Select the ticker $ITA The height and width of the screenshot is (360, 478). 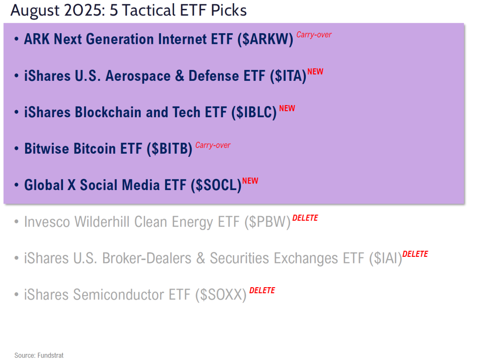(x=288, y=76)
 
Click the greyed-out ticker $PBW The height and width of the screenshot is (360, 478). (x=268, y=222)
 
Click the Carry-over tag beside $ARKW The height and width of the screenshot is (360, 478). (x=314, y=35)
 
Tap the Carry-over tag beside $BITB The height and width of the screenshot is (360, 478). (x=213, y=145)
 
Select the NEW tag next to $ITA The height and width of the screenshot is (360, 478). (x=315, y=72)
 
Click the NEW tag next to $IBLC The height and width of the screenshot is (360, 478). (x=287, y=108)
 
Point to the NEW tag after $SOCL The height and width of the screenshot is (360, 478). (x=250, y=181)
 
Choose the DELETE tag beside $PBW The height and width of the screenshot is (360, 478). (x=305, y=218)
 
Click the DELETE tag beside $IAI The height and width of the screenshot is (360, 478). (x=415, y=254)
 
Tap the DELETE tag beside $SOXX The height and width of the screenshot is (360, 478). (x=262, y=290)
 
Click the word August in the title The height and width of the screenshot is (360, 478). (x=34, y=10)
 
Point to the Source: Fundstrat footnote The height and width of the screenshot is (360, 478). (x=39, y=355)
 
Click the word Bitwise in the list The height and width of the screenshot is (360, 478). (x=47, y=149)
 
